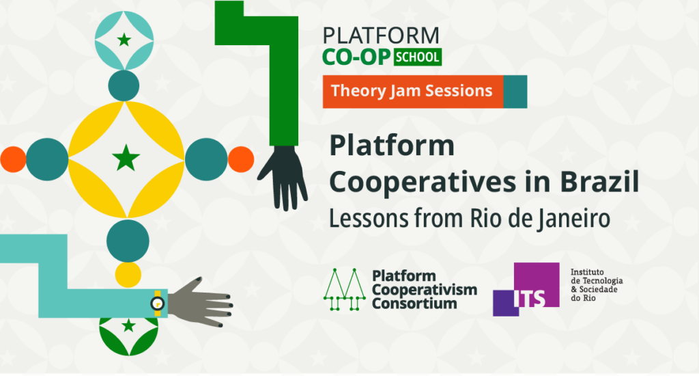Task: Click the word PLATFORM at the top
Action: (x=381, y=36)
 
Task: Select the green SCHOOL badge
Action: (x=417, y=57)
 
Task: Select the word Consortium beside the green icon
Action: (x=414, y=303)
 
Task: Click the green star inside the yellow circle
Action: (x=126, y=159)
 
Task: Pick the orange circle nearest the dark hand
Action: (x=240, y=159)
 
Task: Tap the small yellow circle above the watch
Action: (x=128, y=274)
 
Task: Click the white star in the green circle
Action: (x=128, y=326)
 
